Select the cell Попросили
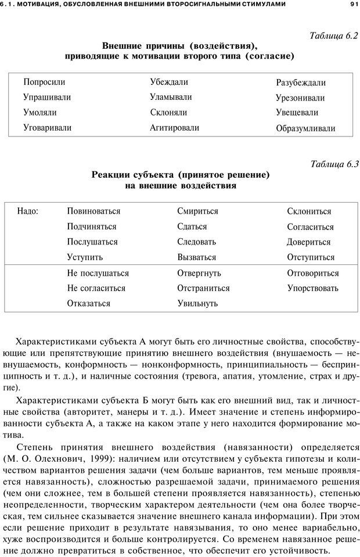click(44, 82)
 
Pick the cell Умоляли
click(40, 113)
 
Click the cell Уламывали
click(171, 98)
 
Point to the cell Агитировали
click(174, 128)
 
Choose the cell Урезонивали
click(300, 98)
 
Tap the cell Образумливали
click(305, 128)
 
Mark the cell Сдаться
click(192, 227)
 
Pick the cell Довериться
click(309, 242)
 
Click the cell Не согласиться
click(96, 288)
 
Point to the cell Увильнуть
click(197, 303)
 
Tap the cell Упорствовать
click(312, 288)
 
